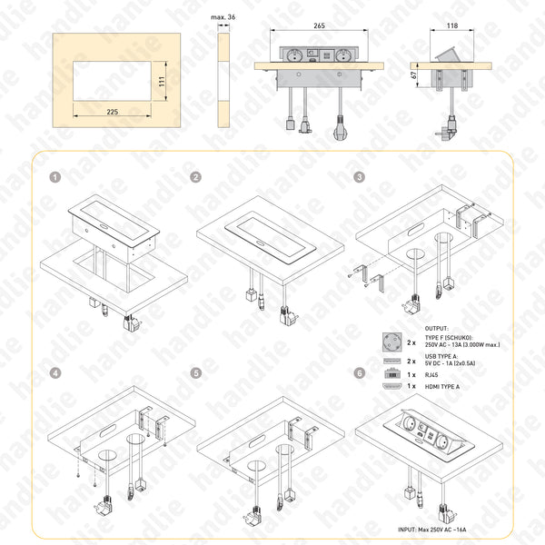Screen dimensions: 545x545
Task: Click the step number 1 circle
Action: tap(55, 177)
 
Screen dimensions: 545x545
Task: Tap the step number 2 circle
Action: tap(195, 177)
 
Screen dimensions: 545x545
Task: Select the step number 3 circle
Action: tap(360, 177)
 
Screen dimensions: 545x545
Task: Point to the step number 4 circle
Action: tap(55, 372)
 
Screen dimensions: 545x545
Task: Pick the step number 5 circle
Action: tap(195, 372)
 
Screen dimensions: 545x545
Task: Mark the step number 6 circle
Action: tap(360, 372)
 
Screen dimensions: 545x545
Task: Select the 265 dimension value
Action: tap(319, 25)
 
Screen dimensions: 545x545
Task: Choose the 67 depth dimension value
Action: tap(413, 77)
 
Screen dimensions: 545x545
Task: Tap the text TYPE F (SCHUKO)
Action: tap(451, 336)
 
